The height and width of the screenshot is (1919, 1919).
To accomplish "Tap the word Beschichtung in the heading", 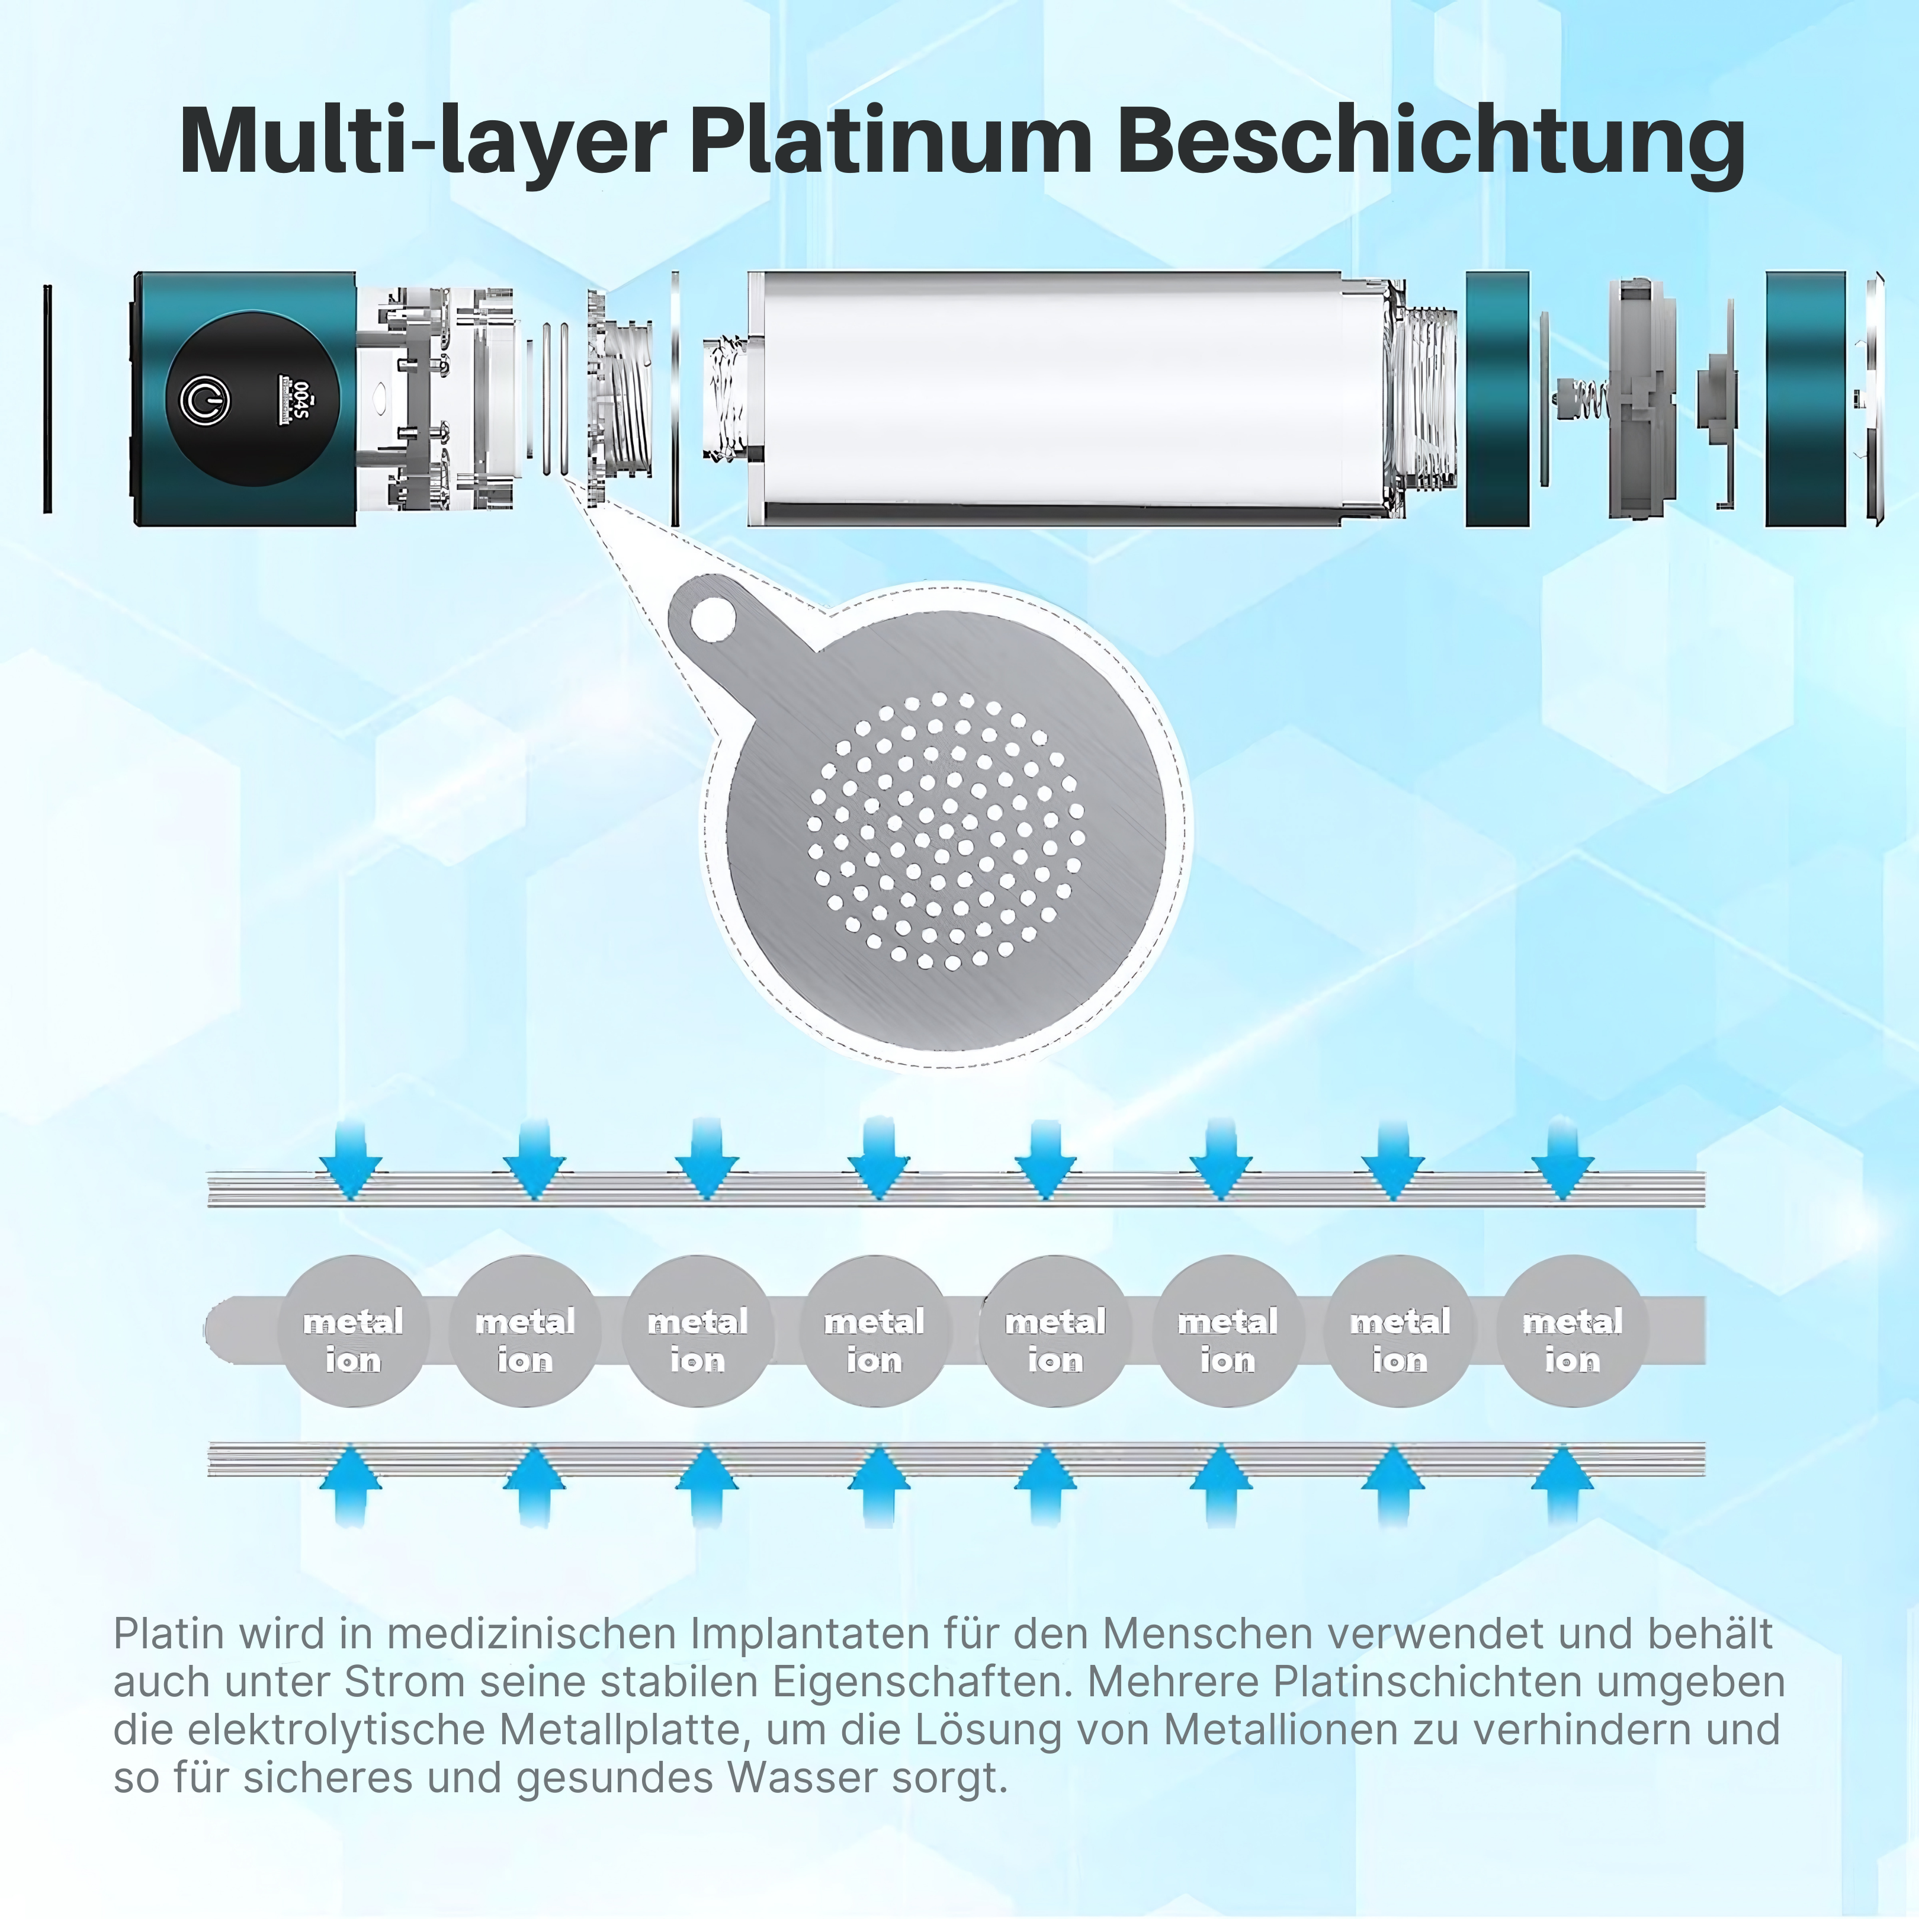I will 1432,142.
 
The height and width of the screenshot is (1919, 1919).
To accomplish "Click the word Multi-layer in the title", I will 421,142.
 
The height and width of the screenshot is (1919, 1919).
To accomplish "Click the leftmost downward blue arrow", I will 352,1162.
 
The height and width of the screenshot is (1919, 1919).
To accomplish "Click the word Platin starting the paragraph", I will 164,1634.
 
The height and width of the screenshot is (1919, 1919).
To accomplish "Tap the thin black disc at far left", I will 47,399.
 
